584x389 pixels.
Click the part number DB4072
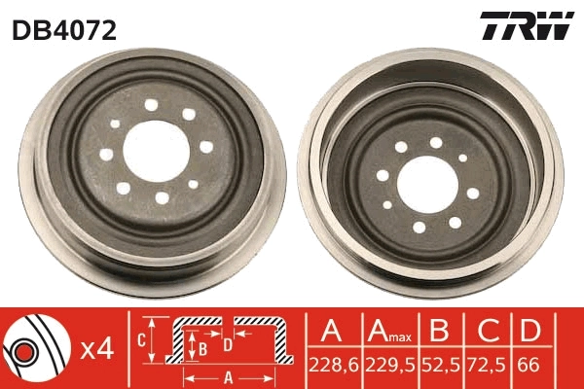(64, 30)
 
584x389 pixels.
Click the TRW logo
(527, 27)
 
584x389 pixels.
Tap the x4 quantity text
(97, 348)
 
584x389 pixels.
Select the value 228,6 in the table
(331, 366)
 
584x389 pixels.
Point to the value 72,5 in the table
(485, 366)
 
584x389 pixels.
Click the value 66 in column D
(529, 366)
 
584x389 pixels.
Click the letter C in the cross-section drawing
(142, 340)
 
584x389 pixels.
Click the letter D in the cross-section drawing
(227, 342)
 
